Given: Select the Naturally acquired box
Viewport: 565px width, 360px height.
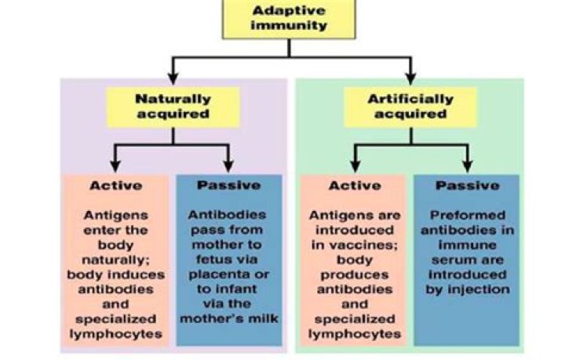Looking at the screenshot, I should (x=173, y=107).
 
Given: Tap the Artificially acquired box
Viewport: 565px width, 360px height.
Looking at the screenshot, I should (x=410, y=107).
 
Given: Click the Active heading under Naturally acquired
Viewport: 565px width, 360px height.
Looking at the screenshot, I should (x=115, y=186).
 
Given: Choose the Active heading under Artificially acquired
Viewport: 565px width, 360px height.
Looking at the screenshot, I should (x=354, y=186).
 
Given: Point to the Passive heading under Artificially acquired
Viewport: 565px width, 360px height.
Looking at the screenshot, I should (x=468, y=186).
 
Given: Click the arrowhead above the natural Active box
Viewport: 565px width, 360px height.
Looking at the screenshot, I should (x=115, y=167).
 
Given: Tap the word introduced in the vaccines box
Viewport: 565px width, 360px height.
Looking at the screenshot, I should (x=353, y=229).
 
